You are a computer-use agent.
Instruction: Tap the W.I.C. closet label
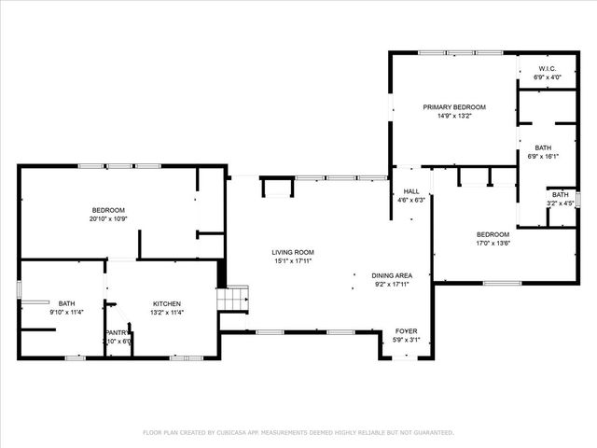click(548, 69)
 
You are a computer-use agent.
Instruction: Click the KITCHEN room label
click(167, 303)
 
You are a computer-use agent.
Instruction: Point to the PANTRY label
click(118, 332)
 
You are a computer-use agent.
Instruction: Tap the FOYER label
click(406, 331)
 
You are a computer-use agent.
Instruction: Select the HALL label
click(410, 191)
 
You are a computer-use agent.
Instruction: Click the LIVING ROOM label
click(292, 252)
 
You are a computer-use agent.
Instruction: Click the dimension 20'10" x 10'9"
click(107, 218)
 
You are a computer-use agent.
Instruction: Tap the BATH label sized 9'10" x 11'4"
click(67, 303)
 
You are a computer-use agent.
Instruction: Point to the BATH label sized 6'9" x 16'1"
click(543, 148)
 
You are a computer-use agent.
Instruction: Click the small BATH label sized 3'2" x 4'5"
click(559, 194)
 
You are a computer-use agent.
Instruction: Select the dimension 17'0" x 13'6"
click(493, 243)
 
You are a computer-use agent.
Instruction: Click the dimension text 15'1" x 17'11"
click(292, 261)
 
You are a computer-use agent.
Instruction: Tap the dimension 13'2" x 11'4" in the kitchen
click(167, 313)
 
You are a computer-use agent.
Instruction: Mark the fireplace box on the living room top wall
click(275, 189)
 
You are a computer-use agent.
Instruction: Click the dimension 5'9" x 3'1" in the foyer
click(406, 340)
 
